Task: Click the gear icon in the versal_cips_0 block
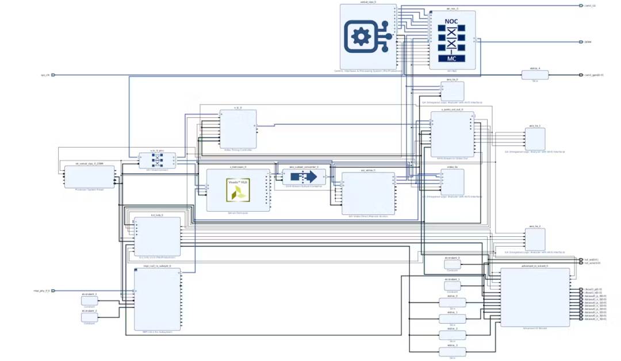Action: (362, 37)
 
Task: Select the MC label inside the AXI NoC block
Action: (451, 58)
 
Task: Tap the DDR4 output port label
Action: (588, 42)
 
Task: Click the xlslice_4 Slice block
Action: (535, 75)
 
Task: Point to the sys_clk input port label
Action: (45, 75)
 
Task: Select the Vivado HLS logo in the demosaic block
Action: (237, 190)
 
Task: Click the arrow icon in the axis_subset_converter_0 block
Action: (304, 177)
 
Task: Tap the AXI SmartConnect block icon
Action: (157, 160)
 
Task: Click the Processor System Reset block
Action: (89, 176)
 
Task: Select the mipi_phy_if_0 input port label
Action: (41, 291)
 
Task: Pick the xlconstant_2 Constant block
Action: (89, 301)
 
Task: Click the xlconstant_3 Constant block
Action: (89, 317)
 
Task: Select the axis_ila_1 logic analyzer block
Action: (535, 139)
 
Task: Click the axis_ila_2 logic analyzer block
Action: (535, 239)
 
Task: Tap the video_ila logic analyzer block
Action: (452, 182)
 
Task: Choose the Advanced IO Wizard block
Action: (535, 297)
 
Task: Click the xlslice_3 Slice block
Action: (452, 351)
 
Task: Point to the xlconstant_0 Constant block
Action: (452, 264)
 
